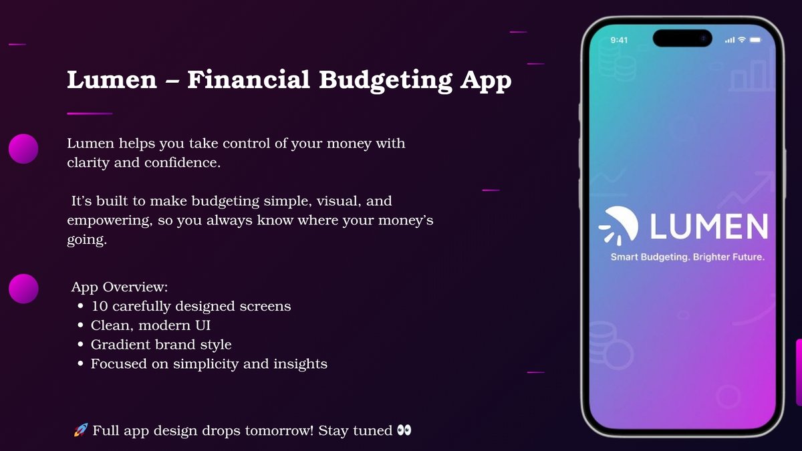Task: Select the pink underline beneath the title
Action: tap(89, 114)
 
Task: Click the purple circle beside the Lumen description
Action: tap(23, 148)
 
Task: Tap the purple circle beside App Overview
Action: tap(23, 289)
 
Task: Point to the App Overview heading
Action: tap(120, 287)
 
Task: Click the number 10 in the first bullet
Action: tap(99, 307)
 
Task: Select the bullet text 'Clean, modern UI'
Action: tap(151, 326)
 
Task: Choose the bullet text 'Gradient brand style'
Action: tap(161, 345)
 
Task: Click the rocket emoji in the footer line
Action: tap(80, 430)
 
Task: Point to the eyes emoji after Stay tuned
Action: tap(404, 430)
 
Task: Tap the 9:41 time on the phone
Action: tap(619, 40)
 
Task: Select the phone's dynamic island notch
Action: tap(682, 39)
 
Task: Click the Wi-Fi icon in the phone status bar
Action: tap(742, 40)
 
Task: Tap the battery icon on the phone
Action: tap(756, 40)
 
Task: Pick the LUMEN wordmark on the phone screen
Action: tap(708, 227)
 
